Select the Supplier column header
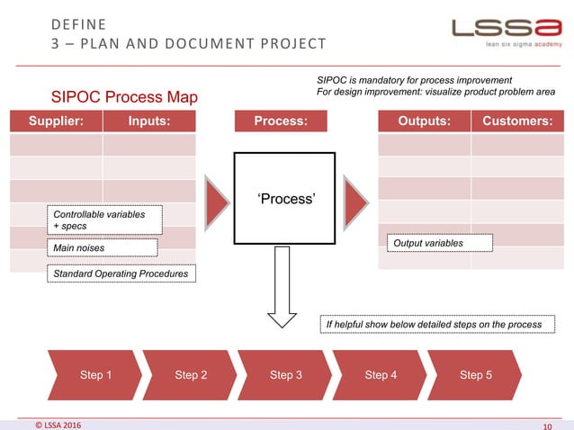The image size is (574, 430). (x=56, y=121)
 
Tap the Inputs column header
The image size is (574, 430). (x=149, y=121)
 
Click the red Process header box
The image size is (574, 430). (x=280, y=121)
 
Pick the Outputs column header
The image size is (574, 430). (x=424, y=121)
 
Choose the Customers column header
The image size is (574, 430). (x=517, y=121)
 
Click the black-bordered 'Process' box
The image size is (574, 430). (x=279, y=198)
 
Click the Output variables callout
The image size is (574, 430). (x=440, y=243)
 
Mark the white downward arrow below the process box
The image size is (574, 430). (x=280, y=297)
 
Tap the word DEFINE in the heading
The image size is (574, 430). (x=78, y=22)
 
